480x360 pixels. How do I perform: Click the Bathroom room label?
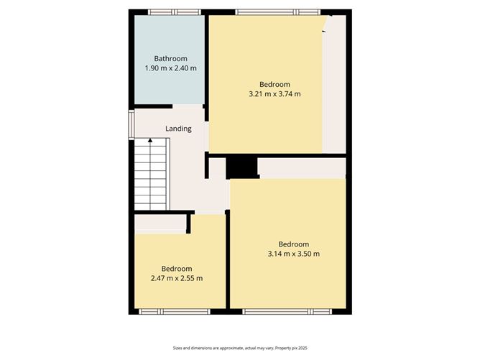(x=171, y=58)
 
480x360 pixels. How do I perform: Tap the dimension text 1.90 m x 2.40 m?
(x=171, y=68)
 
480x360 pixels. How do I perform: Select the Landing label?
(x=178, y=129)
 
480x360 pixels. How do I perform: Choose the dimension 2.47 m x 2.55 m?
(x=177, y=278)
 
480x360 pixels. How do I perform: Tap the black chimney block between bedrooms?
(x=242, y=167)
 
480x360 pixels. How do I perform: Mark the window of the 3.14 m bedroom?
(x=287, y=311)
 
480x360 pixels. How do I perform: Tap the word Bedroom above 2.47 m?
(x=177, y=269)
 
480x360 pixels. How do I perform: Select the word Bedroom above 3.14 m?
(x=293, y=244)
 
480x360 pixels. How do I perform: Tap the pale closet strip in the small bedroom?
(x=161, y=223)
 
